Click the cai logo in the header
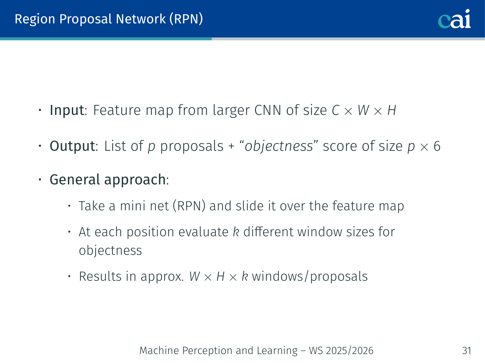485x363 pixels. (x=454, y=19)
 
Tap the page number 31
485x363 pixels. (x=466, y=351)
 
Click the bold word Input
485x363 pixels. (x=67, y=110)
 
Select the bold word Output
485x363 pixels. (x=72, y=146)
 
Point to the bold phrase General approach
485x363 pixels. (x=108, y=180)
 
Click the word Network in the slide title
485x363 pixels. (x=141, y=19)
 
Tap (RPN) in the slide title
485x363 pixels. (x=186, y=19)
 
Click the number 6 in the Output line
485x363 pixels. (x=437, y=146)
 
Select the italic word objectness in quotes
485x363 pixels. (x=279, y=146)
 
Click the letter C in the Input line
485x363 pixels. (x=336, y=110)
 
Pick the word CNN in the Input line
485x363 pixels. (x=268, y=110)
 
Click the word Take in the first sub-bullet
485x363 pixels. (x=92, y=206)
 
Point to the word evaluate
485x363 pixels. (x=203, y=232)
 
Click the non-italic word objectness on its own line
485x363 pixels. (x=110, y=251)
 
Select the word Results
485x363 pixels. (x=100, y=277)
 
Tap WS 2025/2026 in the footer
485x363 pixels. (x=341, y=351)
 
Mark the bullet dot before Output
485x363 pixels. (x=40, y=146)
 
